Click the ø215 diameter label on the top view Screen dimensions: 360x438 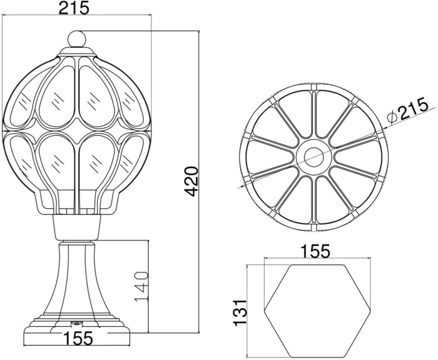tap(407, 111)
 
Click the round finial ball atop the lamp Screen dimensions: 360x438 tap(76, 38)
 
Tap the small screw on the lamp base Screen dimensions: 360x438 tap(76, 323)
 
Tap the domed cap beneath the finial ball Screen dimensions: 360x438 tap(76, 52)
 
